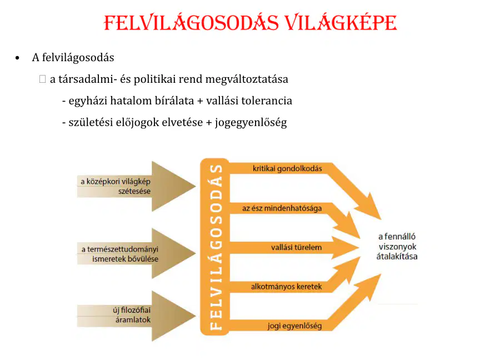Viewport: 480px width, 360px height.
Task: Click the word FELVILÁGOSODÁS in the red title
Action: pos(191,23)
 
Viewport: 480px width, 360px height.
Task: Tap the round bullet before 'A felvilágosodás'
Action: pos(17,58)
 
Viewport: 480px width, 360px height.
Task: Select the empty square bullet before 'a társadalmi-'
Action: pos(43,79)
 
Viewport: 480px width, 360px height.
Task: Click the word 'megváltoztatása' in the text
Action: pos(247,79)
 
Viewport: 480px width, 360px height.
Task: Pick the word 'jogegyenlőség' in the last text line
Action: pos(251,122)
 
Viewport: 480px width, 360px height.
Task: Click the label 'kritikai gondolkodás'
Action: pos(287,168)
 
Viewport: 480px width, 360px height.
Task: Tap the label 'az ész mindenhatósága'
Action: pos(282,208)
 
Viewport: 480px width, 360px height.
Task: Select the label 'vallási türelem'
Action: pos(296,247)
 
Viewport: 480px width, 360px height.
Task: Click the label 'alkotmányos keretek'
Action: pos(286,287)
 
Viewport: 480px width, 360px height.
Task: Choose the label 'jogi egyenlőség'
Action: pos(294,326)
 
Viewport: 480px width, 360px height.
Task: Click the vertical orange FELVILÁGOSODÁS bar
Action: pos(215,247)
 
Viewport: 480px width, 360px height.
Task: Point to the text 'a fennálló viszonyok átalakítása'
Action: pos(397,247)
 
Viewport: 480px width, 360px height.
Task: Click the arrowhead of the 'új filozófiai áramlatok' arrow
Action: pos(173,316)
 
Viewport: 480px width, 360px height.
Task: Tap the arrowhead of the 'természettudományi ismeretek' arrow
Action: pos(173,253)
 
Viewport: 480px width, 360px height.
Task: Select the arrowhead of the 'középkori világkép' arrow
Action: pos(173,186)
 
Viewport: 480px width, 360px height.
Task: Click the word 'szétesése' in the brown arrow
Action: pos(134,191)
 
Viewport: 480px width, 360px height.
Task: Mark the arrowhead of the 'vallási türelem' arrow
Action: pos(344,247)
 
